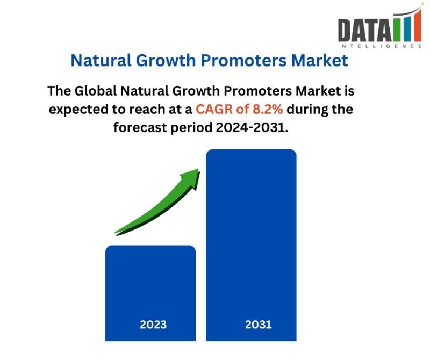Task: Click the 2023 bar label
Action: point(153,325)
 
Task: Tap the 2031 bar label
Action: point(259,325)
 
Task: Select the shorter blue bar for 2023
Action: point(150,293)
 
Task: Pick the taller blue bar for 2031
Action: point(251,245)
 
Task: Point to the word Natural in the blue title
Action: point(101,60)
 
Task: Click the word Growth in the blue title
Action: point(166,60)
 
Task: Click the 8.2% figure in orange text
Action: point(267,109)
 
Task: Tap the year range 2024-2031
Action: point(252,127)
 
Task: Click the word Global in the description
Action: point(96,91)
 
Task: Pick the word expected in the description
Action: point(78,110)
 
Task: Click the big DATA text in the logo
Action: point(365,30)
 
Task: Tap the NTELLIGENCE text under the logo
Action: point(382,46)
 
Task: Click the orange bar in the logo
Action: point(418,26)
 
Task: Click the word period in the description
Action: point(191,128)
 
